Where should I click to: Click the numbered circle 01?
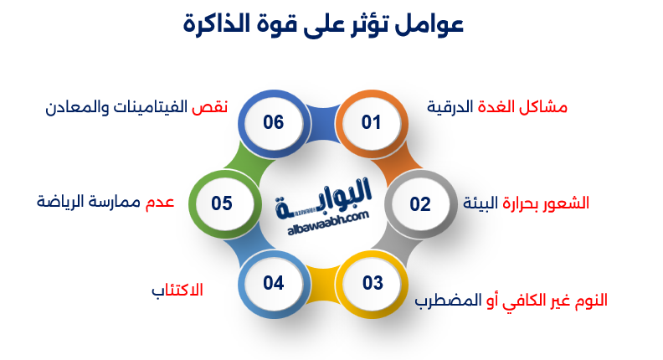(371, 123)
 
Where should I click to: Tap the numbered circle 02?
(419, 203)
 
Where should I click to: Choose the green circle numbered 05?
(222, 203)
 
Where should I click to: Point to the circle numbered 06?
(274, 123)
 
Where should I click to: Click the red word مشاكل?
(545, 108)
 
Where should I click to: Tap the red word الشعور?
(563, 203)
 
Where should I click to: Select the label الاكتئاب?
(177, 291)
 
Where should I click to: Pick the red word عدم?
(160, 202)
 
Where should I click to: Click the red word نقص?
(210, 108)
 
